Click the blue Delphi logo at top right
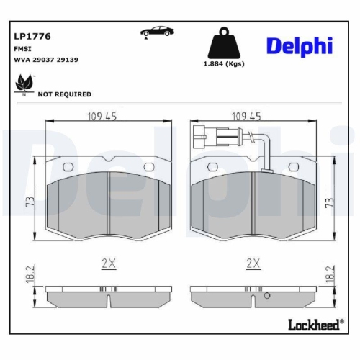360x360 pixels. pos(300,45)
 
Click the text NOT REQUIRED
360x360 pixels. pos(64,94)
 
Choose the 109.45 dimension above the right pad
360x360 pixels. pos(246,115)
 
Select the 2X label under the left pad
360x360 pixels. pos(108,264)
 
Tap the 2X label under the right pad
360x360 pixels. pos(253,264)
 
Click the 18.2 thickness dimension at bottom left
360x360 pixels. pos(29,274)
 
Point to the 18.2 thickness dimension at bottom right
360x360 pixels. pos(330,274)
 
